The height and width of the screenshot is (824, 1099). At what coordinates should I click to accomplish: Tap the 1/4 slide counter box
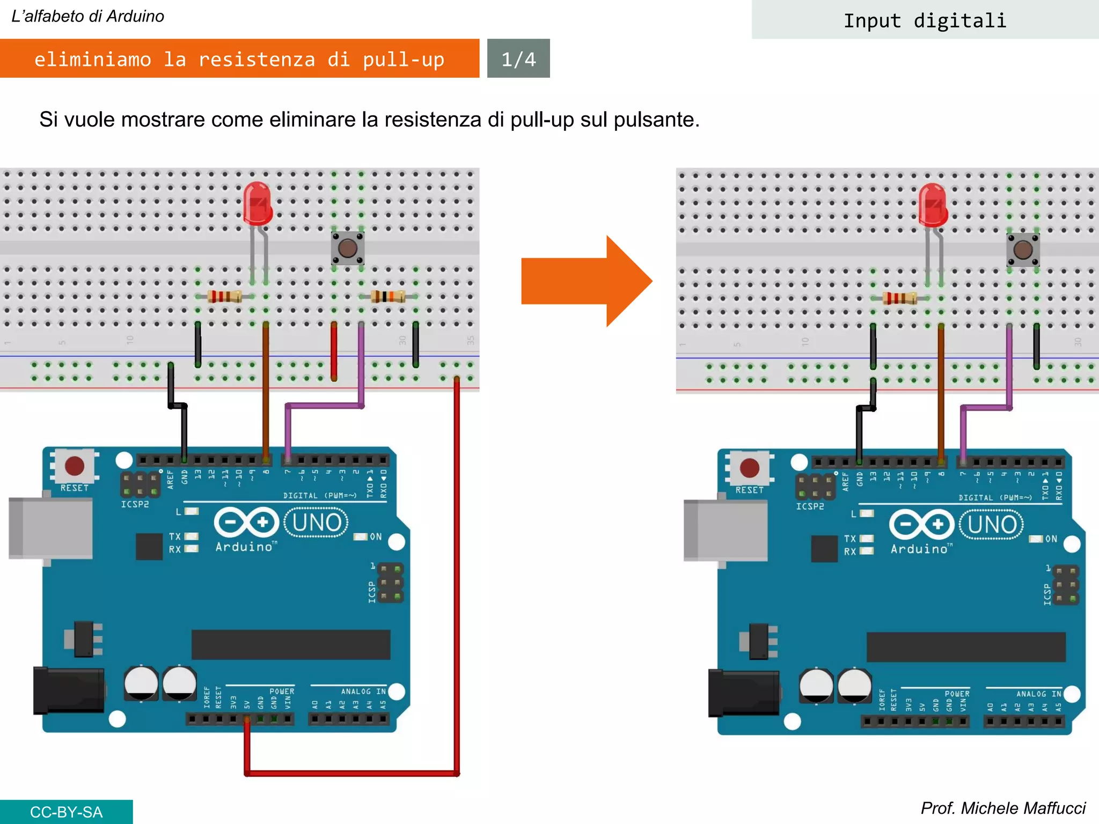[518, 58]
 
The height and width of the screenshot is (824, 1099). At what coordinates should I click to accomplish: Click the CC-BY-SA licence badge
[65, 812]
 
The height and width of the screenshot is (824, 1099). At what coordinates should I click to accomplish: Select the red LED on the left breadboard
[258, 204]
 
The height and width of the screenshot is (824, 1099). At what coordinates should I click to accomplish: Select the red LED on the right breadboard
[933, 205]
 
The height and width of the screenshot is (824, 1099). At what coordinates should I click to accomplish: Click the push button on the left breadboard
[348, 248]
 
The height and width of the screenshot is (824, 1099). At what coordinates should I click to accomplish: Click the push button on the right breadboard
[1023, 250]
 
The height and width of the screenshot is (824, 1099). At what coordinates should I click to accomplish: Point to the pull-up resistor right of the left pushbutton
[388, 296]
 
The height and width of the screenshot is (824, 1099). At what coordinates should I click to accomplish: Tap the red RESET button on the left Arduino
[74, 466]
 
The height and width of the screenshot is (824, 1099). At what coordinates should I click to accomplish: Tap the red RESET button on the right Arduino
[749, 468]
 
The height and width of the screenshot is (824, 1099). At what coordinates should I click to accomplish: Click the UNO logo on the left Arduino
[316, 522]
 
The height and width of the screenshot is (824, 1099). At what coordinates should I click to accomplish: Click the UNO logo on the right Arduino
[991, 524]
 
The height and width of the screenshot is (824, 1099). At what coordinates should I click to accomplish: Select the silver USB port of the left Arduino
[50, 528]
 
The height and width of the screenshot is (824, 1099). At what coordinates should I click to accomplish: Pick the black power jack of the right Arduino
[743, 693]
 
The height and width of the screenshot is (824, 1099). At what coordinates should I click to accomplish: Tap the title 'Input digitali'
[925, 20]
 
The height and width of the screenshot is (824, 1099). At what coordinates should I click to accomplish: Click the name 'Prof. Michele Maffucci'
[1002, 808]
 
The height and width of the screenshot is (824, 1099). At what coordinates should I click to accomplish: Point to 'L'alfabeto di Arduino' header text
[87, 16]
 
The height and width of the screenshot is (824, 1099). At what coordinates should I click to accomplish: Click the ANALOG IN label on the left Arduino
[363, 691]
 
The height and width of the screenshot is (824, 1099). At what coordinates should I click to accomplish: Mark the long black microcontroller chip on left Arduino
[290, 644]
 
